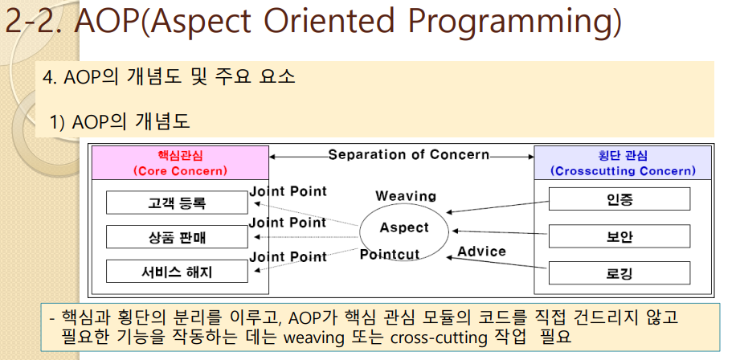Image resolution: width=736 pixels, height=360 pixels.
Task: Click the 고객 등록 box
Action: tap(177, 202)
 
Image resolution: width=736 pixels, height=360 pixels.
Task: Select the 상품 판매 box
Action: tap(177, 237)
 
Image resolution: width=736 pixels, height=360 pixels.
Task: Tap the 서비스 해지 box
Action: tap(177, 272)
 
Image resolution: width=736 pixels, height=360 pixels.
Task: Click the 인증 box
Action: tap(619, 199)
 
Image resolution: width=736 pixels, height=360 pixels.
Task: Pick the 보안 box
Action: tap(619, 236)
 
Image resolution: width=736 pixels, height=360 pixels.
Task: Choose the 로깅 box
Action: tap(619, 272)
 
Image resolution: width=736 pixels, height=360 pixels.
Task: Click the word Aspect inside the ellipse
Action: tap(404, 227)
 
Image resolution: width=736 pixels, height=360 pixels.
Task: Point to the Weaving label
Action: tap(406, 196)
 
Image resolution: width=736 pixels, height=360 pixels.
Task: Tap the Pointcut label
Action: tap(390, 255)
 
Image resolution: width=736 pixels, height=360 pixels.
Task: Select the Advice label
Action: tap(481, 252)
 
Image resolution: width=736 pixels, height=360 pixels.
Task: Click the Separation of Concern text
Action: tap(408, 155)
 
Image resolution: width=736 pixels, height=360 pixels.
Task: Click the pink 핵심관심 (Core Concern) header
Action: tap(180, 163)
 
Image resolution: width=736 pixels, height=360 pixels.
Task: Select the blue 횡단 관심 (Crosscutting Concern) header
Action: tap(623, 163)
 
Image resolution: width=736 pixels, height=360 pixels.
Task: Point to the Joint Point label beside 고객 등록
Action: tap(288, 191)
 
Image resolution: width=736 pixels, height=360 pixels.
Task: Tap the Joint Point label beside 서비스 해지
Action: tap(288, 256)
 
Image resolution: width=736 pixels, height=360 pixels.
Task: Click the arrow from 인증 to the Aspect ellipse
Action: tap(497, 207)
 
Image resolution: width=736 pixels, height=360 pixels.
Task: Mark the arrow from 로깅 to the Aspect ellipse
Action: tap(497, 263)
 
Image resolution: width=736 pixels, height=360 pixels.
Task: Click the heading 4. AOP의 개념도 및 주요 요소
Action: tap(169, 76)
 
